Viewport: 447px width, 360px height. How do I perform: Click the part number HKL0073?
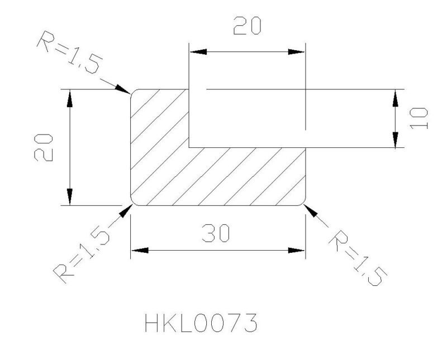(x=201, y=323)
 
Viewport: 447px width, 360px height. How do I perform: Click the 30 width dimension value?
(x=216, y=233)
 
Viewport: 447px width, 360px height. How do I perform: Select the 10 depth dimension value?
(x=419, y=118)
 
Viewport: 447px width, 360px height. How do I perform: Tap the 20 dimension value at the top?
(x=247, y=26)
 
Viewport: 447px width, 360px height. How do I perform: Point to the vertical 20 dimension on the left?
(x=44, y=147)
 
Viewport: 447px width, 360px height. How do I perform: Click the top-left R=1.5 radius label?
(x=70, y=52)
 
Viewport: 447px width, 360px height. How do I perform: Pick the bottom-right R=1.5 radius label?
(x=358, y=258)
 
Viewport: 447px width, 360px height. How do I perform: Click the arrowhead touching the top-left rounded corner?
(x=123, y=89)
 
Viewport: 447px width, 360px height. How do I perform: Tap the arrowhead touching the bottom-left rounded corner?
(x=126, y=211)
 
